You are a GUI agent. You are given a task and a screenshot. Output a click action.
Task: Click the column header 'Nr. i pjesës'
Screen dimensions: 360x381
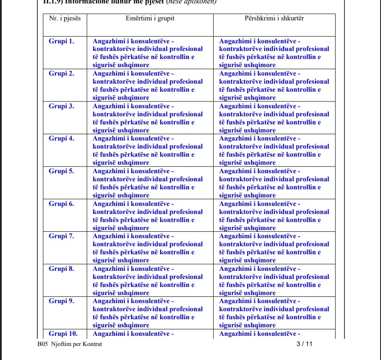pyautogui.click(x=65, y=19)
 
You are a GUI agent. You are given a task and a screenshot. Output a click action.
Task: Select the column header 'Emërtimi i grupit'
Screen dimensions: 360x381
pyautogui.click(x=150, y=19)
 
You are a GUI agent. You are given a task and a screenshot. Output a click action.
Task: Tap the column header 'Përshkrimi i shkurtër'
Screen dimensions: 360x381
pyautogui.click(x=274, y=19)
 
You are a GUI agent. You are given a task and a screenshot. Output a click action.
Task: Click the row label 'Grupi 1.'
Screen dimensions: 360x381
pyautogui.click(x=62, y=41)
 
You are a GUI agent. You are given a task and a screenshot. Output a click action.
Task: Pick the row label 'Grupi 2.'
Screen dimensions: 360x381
pyautogui.click(x=62, y=73)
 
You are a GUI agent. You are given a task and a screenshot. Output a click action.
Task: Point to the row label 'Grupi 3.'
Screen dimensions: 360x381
pyautogui.click(x=62, y=106)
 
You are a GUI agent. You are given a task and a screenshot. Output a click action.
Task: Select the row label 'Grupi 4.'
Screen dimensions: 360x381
pyautogui.click(x=62, y=138)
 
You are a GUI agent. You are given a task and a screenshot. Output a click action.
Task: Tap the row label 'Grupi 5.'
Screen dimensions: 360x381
pyautogui.click(x=62, y=171)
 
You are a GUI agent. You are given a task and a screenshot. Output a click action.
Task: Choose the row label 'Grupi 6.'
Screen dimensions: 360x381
pyautogui.click(x=62, y=204)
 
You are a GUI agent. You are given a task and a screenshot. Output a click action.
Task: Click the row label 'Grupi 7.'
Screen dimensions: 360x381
pyautogui.click(x=62, y=236)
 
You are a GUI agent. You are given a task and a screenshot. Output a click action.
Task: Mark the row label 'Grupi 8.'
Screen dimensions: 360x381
pyautogui.click(x=62, y=269)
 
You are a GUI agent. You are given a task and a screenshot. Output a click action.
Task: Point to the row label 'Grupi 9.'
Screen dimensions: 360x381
pyautogui.click(x=62, y=301)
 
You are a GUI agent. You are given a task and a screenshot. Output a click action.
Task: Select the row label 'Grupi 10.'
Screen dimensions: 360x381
pyautogui.click(x=63, y=334)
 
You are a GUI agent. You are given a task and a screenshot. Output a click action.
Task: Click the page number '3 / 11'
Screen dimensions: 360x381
pyautogui.click(x=304, y=344)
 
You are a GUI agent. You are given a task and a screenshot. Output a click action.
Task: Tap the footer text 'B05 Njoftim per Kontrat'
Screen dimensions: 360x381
pyautogui.click(x=70, y=344)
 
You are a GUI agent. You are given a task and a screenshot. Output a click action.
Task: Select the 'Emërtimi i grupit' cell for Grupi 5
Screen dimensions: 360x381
pyautogui.click(x=148, y=183)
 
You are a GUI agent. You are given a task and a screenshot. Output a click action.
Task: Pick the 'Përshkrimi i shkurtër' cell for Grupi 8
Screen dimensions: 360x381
pyautogui.click(x=274, y=281)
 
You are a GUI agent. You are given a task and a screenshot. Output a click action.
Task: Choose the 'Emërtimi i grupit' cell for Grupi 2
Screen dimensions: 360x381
pyautogui.click(x=148, y=85)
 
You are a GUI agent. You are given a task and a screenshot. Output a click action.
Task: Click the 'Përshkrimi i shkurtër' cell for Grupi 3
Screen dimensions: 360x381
pyautogui.click(x=274, y=118)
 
